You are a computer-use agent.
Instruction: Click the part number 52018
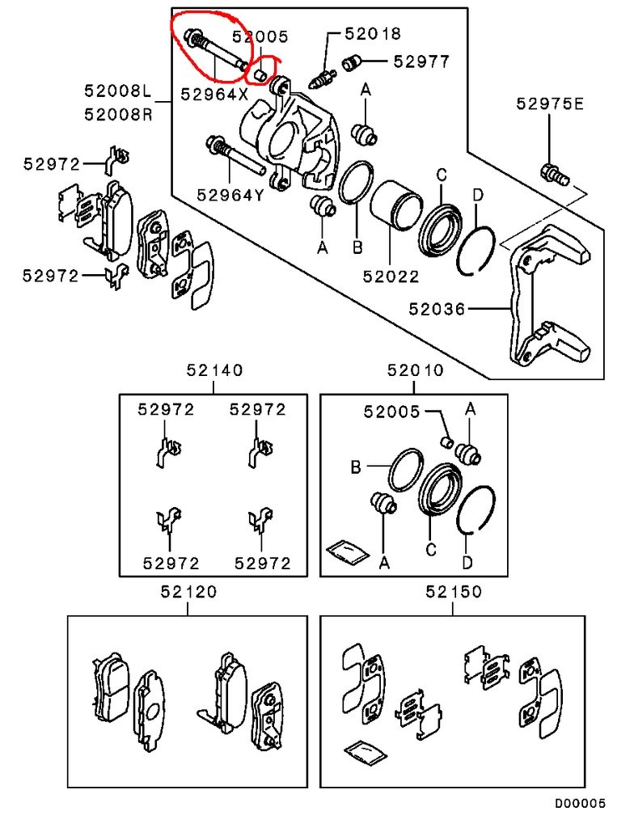pos(373,34)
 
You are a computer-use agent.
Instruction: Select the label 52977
pos(421,61)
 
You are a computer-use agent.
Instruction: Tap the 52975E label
pos(550,103)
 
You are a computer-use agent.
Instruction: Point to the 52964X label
pos(214,94)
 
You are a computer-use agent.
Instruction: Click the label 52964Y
pos(230,196)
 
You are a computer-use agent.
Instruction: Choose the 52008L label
pos(118,91)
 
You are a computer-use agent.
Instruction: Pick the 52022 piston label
pos(391,277)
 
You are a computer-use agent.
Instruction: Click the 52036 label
pos(437,309)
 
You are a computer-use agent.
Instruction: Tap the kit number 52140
pos(214,370)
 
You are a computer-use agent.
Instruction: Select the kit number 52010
pos(416,370)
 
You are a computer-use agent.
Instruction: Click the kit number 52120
pos(188,591)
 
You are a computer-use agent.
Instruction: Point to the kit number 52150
pos(454,591)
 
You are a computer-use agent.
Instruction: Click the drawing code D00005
pos(580,804)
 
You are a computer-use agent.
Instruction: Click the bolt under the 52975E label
pos(555,175)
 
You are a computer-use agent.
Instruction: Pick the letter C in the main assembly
pos(442,175)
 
